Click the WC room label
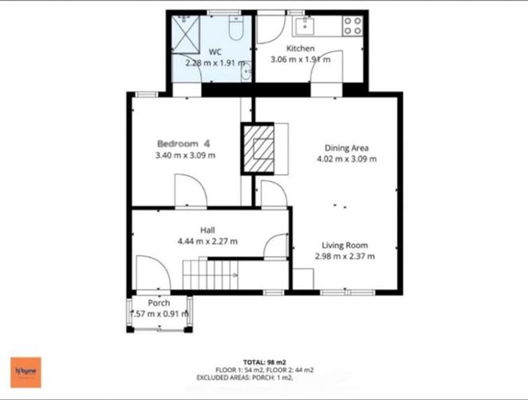(215, 51)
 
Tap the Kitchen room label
(301, 49)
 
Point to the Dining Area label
(346, 147)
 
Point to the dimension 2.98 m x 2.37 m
(344, 256)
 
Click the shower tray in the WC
(186, 32)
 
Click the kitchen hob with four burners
(351, 26)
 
